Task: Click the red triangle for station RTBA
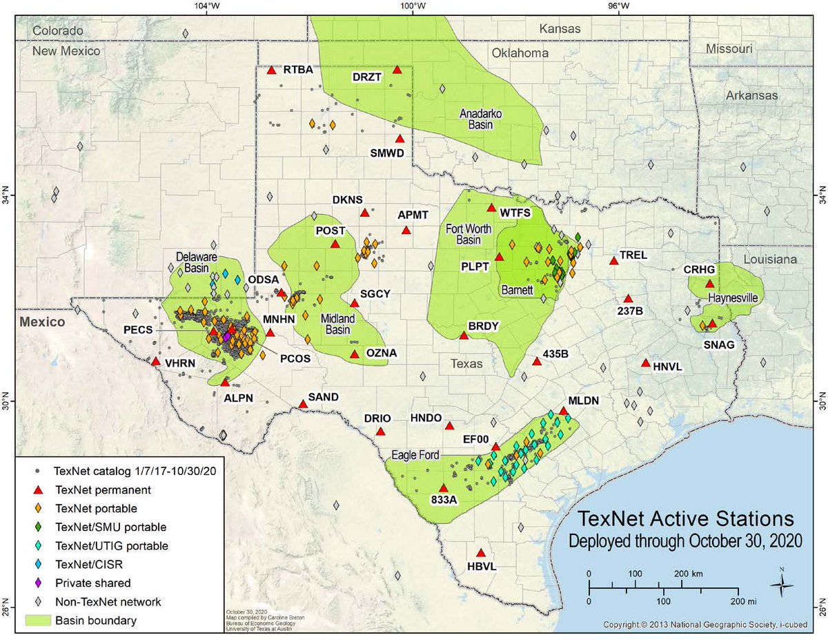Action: coord(271,70)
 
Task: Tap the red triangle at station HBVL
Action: coord(481,553)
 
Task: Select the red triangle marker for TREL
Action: coord(613,260)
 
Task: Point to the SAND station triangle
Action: coord(303,404)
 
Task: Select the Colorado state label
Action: coord(58,30)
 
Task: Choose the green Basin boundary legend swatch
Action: coord(39,620)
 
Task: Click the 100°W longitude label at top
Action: coord(413,8)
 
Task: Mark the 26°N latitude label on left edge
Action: coord(8,610)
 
